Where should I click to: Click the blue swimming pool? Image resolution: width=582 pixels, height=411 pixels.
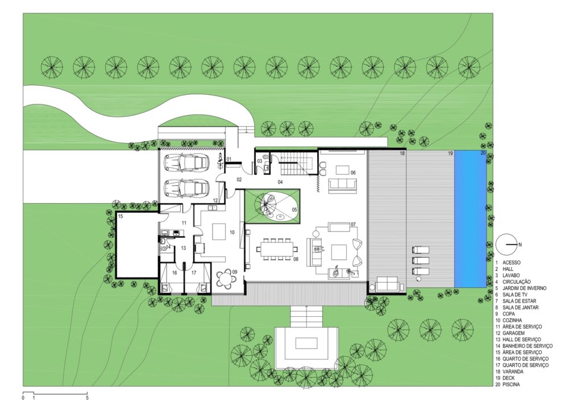pos(470,219)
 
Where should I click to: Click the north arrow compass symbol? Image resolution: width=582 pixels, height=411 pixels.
pos(505,244)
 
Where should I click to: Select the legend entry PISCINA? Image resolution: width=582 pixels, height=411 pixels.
pos(511,385)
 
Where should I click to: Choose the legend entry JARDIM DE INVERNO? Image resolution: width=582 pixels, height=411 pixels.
pos(525,288)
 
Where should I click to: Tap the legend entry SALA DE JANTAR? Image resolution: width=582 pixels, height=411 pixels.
pos(521,307)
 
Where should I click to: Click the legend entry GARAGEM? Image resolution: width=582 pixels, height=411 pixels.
pos(514,333)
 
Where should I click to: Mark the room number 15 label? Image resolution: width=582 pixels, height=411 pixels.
pos(120,216)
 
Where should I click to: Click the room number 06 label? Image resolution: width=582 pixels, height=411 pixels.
pos(353,173)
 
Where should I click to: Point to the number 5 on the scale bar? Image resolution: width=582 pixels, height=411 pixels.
pos(87,398)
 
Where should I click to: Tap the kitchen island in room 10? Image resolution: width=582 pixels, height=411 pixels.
pos(219,232)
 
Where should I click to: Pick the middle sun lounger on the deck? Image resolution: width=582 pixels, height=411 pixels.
pos(420,260)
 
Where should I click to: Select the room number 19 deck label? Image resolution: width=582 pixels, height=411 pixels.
pos(450,153)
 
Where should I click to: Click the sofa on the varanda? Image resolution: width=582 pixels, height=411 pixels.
pos(387,284)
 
